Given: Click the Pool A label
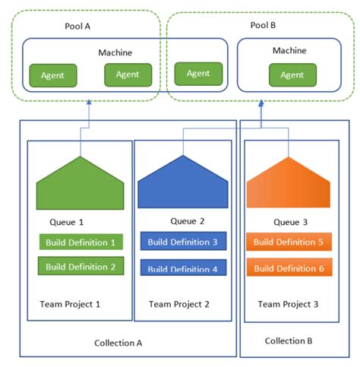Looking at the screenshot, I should point(78,27).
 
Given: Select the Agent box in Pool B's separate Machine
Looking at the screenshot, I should point(292,74).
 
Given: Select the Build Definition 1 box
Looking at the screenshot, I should point(81,243).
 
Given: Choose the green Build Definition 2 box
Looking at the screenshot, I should point(81,267).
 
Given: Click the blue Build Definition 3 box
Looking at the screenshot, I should point(183,242).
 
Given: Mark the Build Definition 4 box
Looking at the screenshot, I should point(183,268).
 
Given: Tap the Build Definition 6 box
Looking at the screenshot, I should point(288,267).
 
